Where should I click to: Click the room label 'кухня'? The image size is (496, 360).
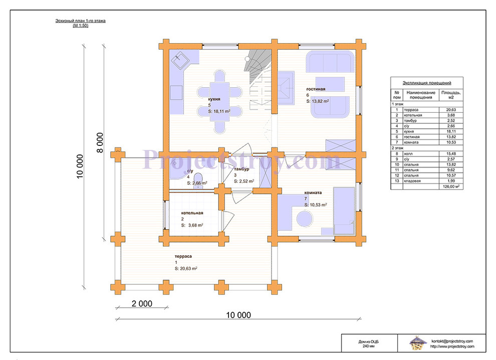point(214,99)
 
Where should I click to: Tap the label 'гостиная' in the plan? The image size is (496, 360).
point(316,89)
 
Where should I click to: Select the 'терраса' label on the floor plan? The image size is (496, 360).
point(183,256)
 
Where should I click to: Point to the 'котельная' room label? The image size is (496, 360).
point(192,213)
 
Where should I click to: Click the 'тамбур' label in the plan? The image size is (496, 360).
point(241,169)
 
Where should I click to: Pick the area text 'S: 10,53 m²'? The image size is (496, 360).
point(316,205)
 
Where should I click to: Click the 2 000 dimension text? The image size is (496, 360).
point(142,303)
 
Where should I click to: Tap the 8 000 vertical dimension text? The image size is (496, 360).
point(100,143)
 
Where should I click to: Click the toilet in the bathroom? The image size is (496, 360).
point(198,179)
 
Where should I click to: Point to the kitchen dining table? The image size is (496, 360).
point(219,102)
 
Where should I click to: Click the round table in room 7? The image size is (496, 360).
point(305,219)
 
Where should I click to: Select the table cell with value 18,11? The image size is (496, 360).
point(451,131)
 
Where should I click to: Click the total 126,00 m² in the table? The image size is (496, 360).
point(451,187)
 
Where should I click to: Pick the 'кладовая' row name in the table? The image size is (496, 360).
point(412,181)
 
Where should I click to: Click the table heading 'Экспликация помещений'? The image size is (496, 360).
point(427,83)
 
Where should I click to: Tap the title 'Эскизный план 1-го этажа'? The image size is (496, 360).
point(80,21)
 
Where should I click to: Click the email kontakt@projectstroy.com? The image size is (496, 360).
point(452,341)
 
